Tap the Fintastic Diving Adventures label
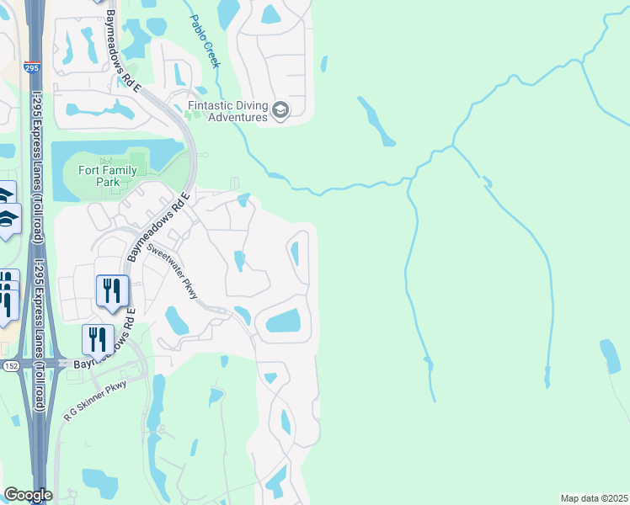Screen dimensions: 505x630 point(227,111)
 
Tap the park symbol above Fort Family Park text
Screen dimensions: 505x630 point(105,160)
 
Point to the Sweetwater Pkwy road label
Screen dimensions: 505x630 point(172,271)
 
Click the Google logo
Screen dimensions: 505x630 point(28,495)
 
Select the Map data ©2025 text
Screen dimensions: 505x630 point(593,498)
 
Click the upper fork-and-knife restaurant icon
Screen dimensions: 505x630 point(112,291)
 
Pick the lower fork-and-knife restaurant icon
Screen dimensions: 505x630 point(98,339)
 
